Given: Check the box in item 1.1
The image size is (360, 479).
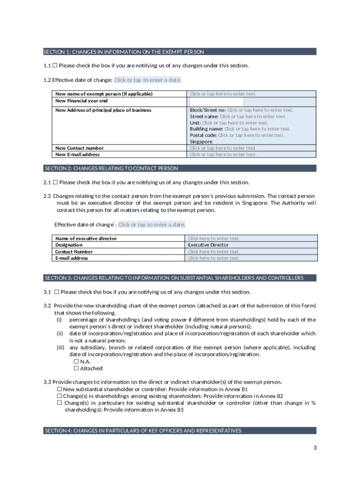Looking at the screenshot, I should click(55, 65).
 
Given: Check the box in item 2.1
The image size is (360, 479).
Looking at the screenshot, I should click(55, 182).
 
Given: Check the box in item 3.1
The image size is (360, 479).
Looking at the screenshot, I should click(56, 292).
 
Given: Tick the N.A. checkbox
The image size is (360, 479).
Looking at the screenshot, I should click(76, 362).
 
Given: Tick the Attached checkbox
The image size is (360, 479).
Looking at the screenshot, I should click(76, 368).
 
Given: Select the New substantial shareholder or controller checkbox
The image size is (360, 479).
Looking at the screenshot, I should click(59, 389).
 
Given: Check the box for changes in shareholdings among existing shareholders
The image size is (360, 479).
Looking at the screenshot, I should click(59, 396).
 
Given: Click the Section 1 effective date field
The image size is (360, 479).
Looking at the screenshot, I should click(147, 80).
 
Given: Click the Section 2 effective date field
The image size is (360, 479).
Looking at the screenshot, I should click(151, 225).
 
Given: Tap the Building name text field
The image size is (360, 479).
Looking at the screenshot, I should click(257, 129).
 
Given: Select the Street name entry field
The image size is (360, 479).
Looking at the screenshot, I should click(253, 116).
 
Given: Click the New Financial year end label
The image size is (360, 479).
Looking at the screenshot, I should click(81, 101).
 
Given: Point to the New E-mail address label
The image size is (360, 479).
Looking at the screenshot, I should click(77, 154).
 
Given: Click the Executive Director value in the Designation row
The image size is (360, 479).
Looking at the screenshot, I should click(208, 245).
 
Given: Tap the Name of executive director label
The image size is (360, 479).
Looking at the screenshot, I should click(86, 239).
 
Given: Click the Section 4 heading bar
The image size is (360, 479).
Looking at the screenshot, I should click(180, 430).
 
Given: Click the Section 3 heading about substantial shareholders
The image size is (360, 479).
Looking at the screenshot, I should click(180, 278).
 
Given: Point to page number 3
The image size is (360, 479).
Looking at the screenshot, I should click(315, 448).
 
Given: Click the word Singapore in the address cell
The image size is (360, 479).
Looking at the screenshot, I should click(201, 142).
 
